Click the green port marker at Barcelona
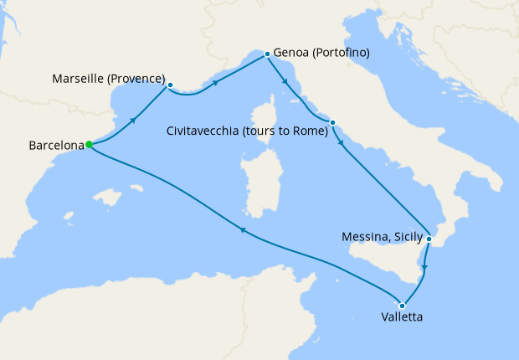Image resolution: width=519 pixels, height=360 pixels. (x=89, y=144)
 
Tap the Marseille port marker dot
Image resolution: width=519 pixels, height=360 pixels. (x=170, y=85)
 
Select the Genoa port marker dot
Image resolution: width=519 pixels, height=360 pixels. (x=267, y=54)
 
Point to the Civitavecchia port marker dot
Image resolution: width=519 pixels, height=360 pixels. (x=332, y=123)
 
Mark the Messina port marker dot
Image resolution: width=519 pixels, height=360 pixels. (x=429, y=239)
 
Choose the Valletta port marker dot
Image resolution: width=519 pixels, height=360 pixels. (x=403, y=305)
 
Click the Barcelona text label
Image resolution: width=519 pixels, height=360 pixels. (x=56, y=146)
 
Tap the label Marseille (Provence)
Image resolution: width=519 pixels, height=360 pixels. (x=108, y=78)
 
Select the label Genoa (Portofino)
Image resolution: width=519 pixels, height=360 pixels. (x=321, y=53)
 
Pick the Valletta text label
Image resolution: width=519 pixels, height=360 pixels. (x=403, y=319)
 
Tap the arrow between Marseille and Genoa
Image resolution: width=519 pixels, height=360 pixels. (x=217, y=82)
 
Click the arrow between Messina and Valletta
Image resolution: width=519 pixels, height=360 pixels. (x=424, y=268)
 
